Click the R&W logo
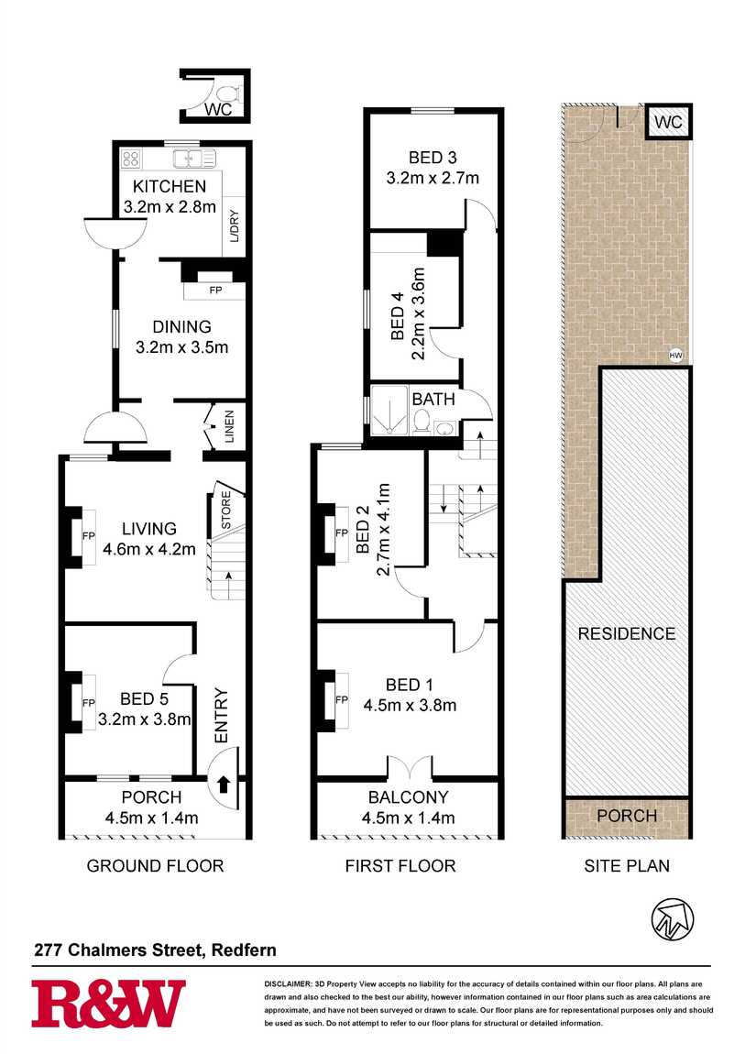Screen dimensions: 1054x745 coord(108,1004)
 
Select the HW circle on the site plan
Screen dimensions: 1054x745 coord(676,355)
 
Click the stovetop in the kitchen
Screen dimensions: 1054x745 coord(131,159)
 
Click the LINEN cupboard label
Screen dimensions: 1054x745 coord(229,427)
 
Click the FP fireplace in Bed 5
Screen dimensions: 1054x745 coord(89,703)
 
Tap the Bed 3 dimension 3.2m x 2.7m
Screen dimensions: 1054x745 coord(433,178)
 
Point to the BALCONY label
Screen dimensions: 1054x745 coord(408,797)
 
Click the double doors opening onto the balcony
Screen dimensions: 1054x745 coord(408,766)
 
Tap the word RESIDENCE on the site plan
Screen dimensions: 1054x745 coord(626,633)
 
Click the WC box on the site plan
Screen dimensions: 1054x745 coord(669,122)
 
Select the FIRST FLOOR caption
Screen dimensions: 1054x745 coord(400,865)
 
